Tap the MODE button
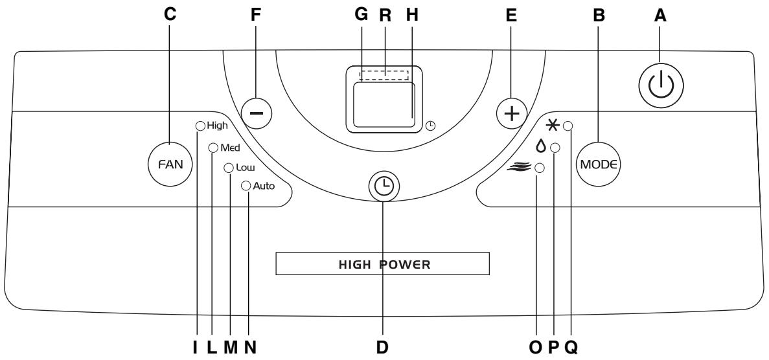[x=597, y=164]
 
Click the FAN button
[x=170, y=164]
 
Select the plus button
[x=512, y=114]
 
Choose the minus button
[x=257, y=113]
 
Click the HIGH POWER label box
[x=382, y=264]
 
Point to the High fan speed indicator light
[x=200, y=126]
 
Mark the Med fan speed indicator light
[x=213, y=147]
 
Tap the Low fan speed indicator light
[x=229, y=168]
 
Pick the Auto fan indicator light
[x=246, y=185]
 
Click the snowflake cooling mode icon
[x=553, y=126]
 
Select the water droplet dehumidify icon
[x=540, y=146]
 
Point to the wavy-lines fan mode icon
[x=520, y=167]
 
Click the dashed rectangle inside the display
[x=384, y=74]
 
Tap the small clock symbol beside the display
[x=430, y=126]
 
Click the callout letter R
[x=385, y=16]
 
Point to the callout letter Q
[x=571, y=347]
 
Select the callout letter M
[x=230, y=347]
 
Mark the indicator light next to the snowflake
[x=568, y=126]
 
